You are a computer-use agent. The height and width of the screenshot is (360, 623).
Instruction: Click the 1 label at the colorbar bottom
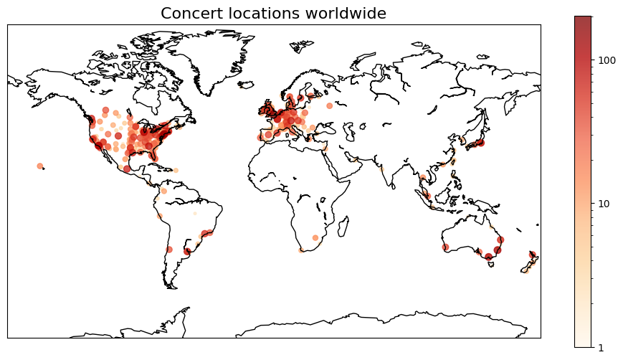(601, 348)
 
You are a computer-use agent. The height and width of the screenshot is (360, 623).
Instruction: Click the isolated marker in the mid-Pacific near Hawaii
(40, 166)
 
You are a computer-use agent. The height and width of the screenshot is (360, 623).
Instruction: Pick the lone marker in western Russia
(330, 105)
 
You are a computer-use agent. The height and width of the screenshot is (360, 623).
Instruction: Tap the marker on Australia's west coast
(445, 247)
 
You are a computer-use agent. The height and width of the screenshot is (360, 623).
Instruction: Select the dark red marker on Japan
(481, 143)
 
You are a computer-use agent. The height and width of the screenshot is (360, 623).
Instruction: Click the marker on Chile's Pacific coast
(169, 250)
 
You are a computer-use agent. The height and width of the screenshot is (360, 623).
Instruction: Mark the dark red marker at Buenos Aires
(187, 251)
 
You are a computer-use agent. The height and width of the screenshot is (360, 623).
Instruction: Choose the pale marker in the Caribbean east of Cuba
(176, 170)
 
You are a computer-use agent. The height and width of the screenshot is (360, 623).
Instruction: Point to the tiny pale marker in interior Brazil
(194, 213)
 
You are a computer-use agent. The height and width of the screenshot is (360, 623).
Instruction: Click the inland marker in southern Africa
(315, 237)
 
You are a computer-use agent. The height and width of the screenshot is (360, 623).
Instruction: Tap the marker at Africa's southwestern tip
(301, 250)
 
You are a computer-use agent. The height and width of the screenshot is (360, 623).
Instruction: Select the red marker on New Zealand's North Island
(532, 254)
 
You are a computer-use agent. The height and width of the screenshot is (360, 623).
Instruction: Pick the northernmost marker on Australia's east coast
(500, 240)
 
